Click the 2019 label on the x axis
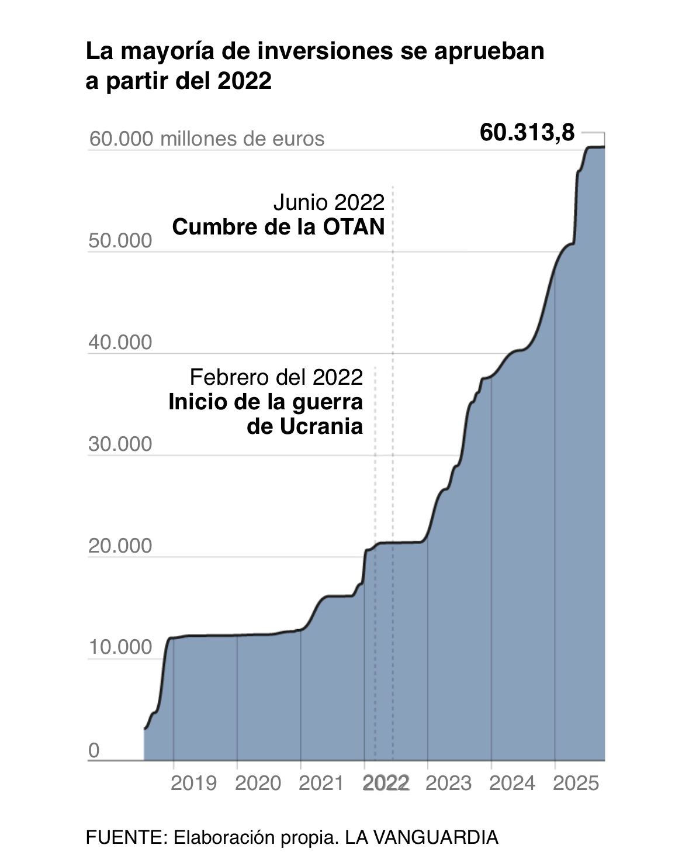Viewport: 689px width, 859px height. point(193,783)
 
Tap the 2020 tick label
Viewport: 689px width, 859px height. point(258,783)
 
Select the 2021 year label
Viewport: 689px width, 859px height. point(321,783)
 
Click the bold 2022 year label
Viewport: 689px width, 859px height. point(386,783)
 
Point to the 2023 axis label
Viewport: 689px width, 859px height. point(448,783)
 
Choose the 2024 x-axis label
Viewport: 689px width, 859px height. point(512,783)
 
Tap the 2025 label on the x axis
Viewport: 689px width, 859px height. point(576,783)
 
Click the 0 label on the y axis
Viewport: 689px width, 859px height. point(94,750)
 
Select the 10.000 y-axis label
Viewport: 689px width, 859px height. point(120,647)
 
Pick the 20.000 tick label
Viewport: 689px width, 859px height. point(120,546)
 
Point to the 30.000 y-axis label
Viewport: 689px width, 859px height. point(120,444)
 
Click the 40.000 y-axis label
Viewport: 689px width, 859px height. point(120,342)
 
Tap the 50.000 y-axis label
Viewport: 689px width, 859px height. point(120,240)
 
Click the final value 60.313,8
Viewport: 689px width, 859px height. point(527,133)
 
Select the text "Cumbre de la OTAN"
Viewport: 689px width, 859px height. point(278,227)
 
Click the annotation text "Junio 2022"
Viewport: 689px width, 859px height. point(329,202)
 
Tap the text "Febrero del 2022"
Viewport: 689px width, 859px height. point(276,377)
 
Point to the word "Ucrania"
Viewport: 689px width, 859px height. point(321,426)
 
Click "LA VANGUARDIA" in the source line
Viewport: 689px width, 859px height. point(421,837)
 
